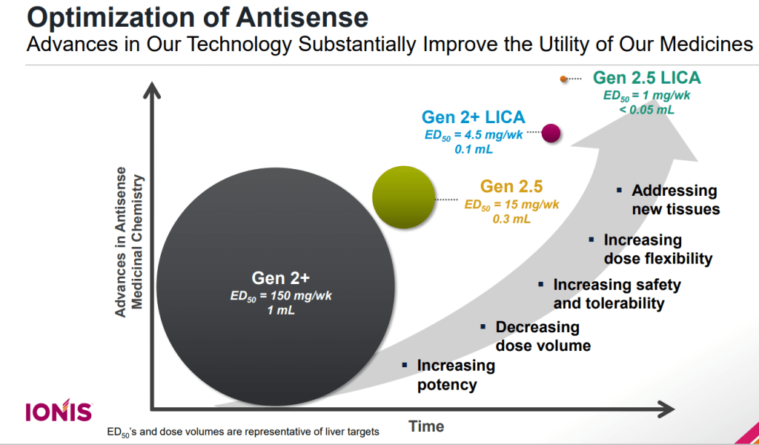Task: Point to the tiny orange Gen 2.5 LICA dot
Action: [x=563, y=79]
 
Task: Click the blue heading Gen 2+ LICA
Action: [x=473, y=117]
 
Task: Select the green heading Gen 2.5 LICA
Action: [x=646, y=78]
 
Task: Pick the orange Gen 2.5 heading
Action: [x=511, y=186]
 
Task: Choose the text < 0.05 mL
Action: [x=646, y=109]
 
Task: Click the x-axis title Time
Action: [x=426, y=426]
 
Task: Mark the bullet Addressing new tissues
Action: [x=675, y=200]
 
